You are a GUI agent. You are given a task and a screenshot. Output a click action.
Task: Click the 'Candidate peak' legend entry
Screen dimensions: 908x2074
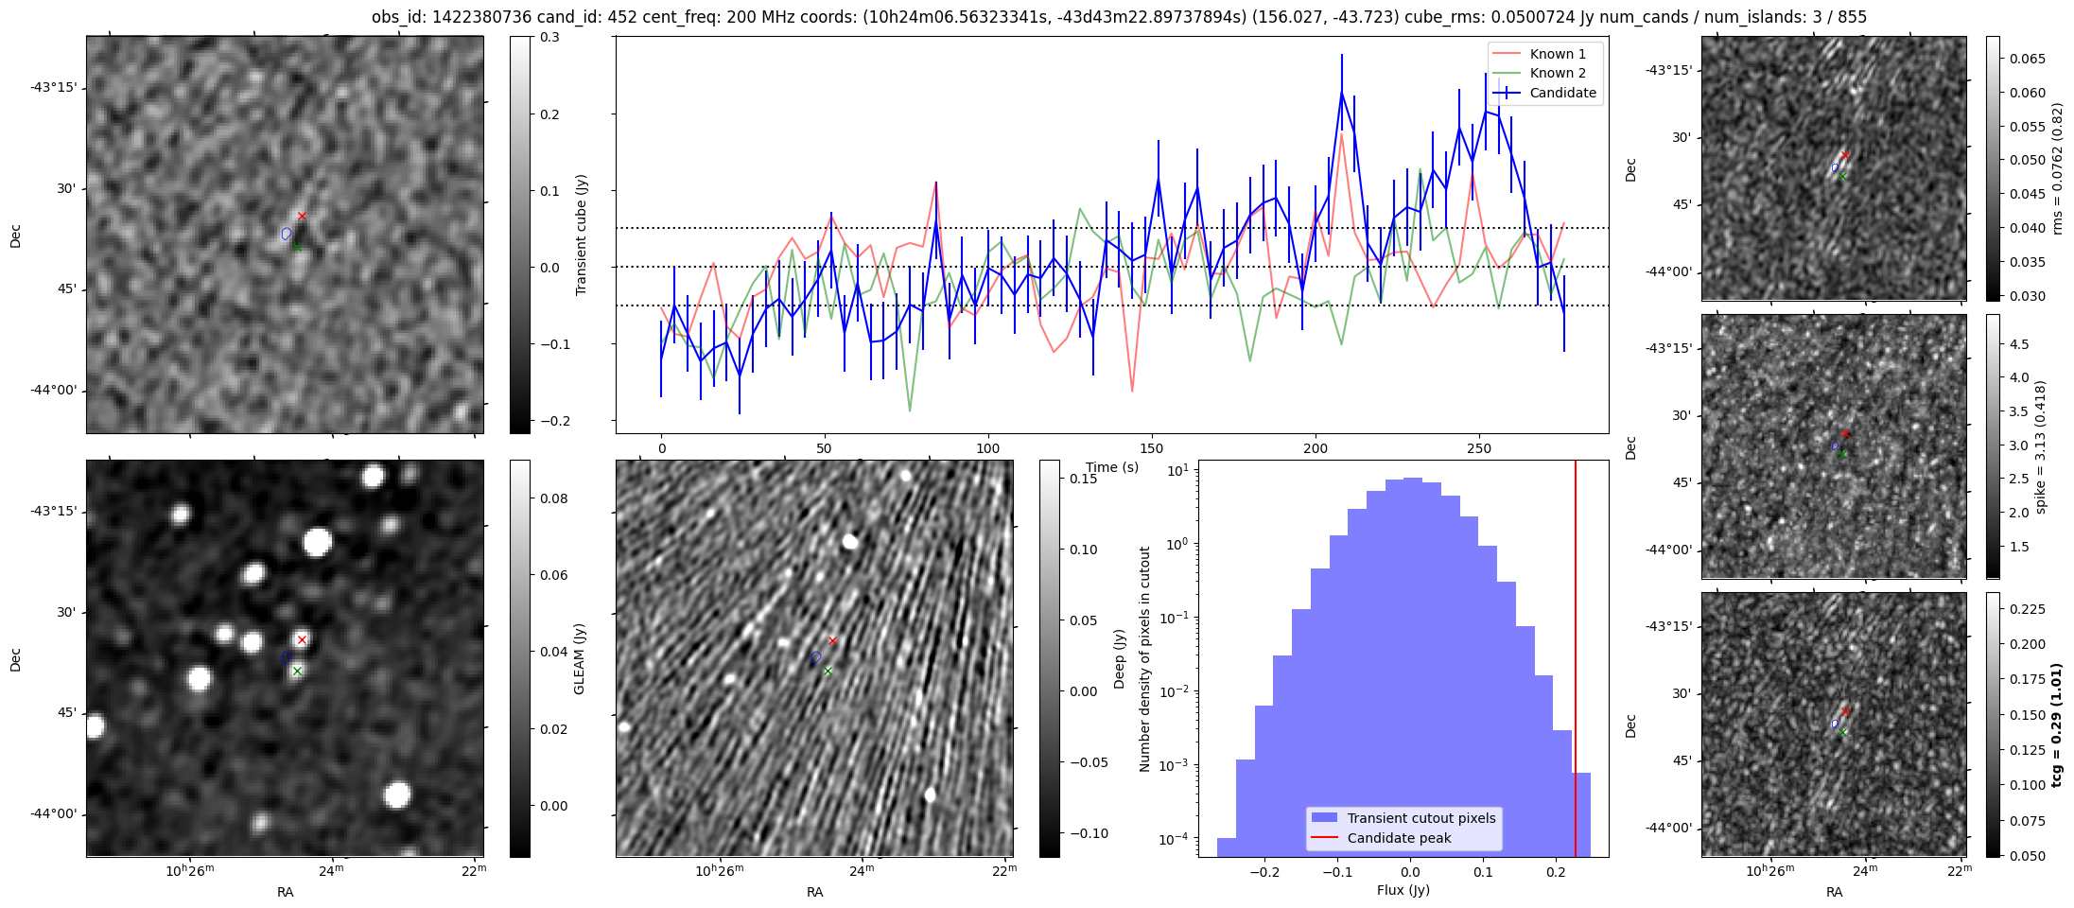(x=1399, y=838)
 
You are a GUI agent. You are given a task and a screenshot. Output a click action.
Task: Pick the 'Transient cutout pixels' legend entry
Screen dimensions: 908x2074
(x=1420, y=818)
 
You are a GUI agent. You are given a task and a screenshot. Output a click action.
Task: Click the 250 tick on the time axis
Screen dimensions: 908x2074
(x=1478, y=448)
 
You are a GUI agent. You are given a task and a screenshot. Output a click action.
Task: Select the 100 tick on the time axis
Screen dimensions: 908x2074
(x=987, y=448)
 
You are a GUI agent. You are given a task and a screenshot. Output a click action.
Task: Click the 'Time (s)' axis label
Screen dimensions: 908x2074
(x=1112, y=467)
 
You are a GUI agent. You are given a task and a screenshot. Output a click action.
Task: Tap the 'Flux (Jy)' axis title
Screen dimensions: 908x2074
(x=1403, y=890)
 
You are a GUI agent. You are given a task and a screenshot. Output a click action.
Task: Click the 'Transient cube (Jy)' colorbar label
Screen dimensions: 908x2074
(x=581, y=235)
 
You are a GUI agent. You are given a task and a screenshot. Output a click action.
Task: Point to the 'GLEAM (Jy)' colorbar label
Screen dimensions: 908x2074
(x=579, y=658)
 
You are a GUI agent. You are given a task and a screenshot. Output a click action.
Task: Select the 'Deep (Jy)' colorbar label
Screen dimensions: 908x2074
(x=1119, y=658)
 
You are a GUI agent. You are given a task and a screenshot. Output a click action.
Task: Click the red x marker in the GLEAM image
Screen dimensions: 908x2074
(x=302, y=640)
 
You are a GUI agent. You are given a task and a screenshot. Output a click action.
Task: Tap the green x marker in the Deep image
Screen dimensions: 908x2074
(x=828, y=671)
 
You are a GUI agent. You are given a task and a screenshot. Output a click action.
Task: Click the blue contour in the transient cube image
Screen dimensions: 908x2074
(x=287, y=234)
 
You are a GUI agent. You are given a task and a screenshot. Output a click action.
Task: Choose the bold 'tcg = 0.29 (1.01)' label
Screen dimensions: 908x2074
(x=2056, y=725)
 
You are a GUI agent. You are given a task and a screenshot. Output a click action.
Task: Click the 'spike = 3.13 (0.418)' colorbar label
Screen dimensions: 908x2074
(x=2040, y=446)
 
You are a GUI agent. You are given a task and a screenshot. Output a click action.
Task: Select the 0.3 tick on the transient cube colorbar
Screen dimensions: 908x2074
(x=549, y=38)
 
